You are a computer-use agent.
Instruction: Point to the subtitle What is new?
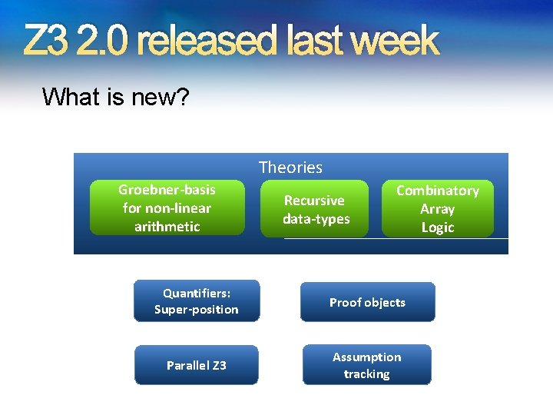click(x=116, y=97)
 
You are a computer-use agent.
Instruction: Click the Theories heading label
click(x=290, y=167)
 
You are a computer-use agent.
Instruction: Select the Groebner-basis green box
click(x=167, y=207)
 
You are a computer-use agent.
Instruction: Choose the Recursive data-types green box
click(x=316, y=209)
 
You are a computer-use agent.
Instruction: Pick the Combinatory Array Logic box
click(x=437, y=209)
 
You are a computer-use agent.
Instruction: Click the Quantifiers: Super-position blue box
click(x=196, y=301)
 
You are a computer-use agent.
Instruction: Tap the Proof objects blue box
click(x=367, y=302)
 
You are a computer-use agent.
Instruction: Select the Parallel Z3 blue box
click(x=196, y=365)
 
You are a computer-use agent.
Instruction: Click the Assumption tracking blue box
click(x=366, y=365)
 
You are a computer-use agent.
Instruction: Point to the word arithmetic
click(x=167, y=227)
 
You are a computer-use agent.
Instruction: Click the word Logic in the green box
click(x=437, y=227)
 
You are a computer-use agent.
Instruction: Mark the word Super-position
click(x=196, y=310)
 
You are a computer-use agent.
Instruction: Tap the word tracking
click(x=366, y=374)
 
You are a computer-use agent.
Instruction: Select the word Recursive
click(x=314, y=201)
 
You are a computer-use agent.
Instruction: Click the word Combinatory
click(x=437, y=191)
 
